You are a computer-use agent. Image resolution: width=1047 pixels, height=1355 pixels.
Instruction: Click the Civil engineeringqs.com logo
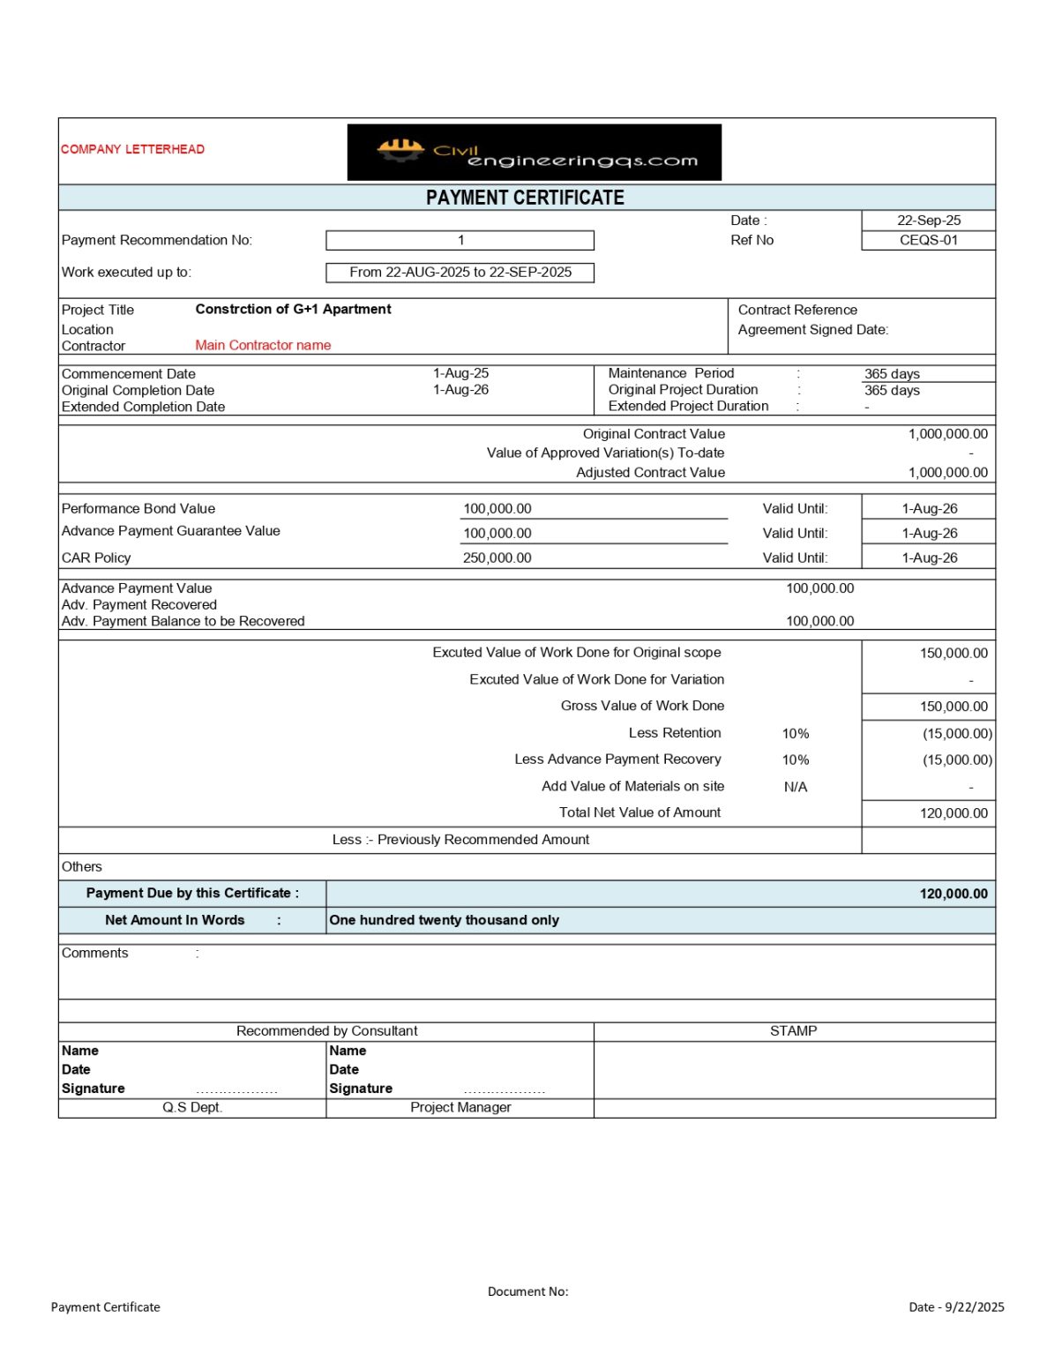pos(534,153)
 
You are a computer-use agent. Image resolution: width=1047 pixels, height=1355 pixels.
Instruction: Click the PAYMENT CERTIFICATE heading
pos(525,198)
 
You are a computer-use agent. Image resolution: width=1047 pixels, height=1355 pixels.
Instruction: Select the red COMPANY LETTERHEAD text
pos(132,149)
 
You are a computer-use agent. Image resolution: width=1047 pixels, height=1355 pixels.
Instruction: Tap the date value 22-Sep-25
pos(928,221)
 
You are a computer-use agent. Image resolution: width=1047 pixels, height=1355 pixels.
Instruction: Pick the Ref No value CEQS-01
pos(928,240)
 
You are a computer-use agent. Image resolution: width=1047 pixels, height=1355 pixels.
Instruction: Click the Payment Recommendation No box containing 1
pos(460,240)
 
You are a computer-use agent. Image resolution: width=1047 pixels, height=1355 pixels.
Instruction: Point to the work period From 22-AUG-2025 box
pos(460,273)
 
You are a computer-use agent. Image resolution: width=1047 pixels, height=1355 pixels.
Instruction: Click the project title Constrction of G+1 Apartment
pos(293,310)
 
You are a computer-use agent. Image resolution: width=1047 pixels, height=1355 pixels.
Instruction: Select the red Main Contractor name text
pos(263,346)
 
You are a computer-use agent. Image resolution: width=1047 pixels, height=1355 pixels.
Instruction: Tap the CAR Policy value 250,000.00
pos(497,558)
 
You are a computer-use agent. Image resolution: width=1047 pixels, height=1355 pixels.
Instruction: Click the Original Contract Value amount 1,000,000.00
pos(947,434)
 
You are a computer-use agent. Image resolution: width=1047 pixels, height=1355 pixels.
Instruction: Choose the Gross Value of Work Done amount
pos(954,707)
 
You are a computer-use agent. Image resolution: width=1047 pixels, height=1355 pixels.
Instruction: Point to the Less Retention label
pos(675,733)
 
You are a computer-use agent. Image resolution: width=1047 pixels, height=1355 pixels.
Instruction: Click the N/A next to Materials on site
pos(795,787)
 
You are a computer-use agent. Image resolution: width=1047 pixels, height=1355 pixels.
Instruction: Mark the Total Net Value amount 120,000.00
pos(954,813)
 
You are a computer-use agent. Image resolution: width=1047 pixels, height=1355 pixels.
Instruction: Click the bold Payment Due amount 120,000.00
pos(954,894)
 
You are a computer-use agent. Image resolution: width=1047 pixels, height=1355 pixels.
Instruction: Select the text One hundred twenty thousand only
pos(444,920)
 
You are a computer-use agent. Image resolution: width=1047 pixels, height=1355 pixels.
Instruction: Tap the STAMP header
pos(793,1031)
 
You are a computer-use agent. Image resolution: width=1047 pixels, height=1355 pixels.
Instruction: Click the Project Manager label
pos(460,1108)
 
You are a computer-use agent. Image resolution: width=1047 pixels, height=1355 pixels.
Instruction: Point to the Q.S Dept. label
pos(192,1108)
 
